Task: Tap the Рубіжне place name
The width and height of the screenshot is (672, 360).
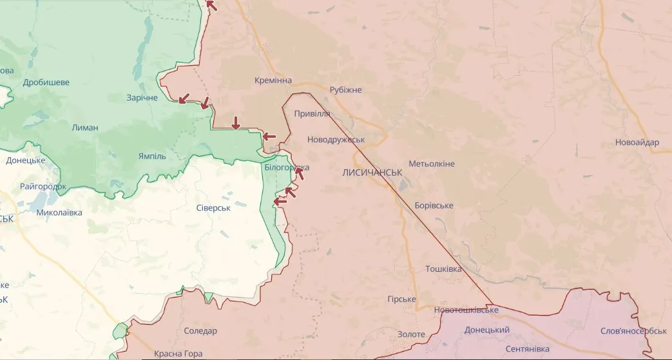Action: point(346,90)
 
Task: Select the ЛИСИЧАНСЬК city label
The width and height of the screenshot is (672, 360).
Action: point(372,173)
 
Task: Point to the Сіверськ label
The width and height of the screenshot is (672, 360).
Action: point(213,207)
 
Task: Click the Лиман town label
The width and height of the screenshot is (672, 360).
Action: point(85,128)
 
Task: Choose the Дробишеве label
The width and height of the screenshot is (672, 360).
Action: point(46,82)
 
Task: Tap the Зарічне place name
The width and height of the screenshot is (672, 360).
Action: point(142,98)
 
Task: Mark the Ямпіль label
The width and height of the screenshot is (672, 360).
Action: point(152,156)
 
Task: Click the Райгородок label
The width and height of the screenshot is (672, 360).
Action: point(43,187)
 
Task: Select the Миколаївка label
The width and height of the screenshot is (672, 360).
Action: point(59,213)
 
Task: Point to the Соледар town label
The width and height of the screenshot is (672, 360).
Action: point(200,331)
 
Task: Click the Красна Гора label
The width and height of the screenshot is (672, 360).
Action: point(178,354)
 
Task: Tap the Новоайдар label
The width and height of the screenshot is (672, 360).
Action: point(637,143)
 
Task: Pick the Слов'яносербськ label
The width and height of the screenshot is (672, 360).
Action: point(633,331)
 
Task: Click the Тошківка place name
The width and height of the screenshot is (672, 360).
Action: point(443,269)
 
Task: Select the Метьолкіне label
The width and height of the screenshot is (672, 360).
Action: point(432,164)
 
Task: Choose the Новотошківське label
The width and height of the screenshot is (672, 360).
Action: point(466,310)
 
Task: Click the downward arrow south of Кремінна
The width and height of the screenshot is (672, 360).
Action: point(236,122)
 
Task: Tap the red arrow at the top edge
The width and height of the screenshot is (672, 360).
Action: point(211,6)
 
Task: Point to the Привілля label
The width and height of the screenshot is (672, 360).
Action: point(312,114)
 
